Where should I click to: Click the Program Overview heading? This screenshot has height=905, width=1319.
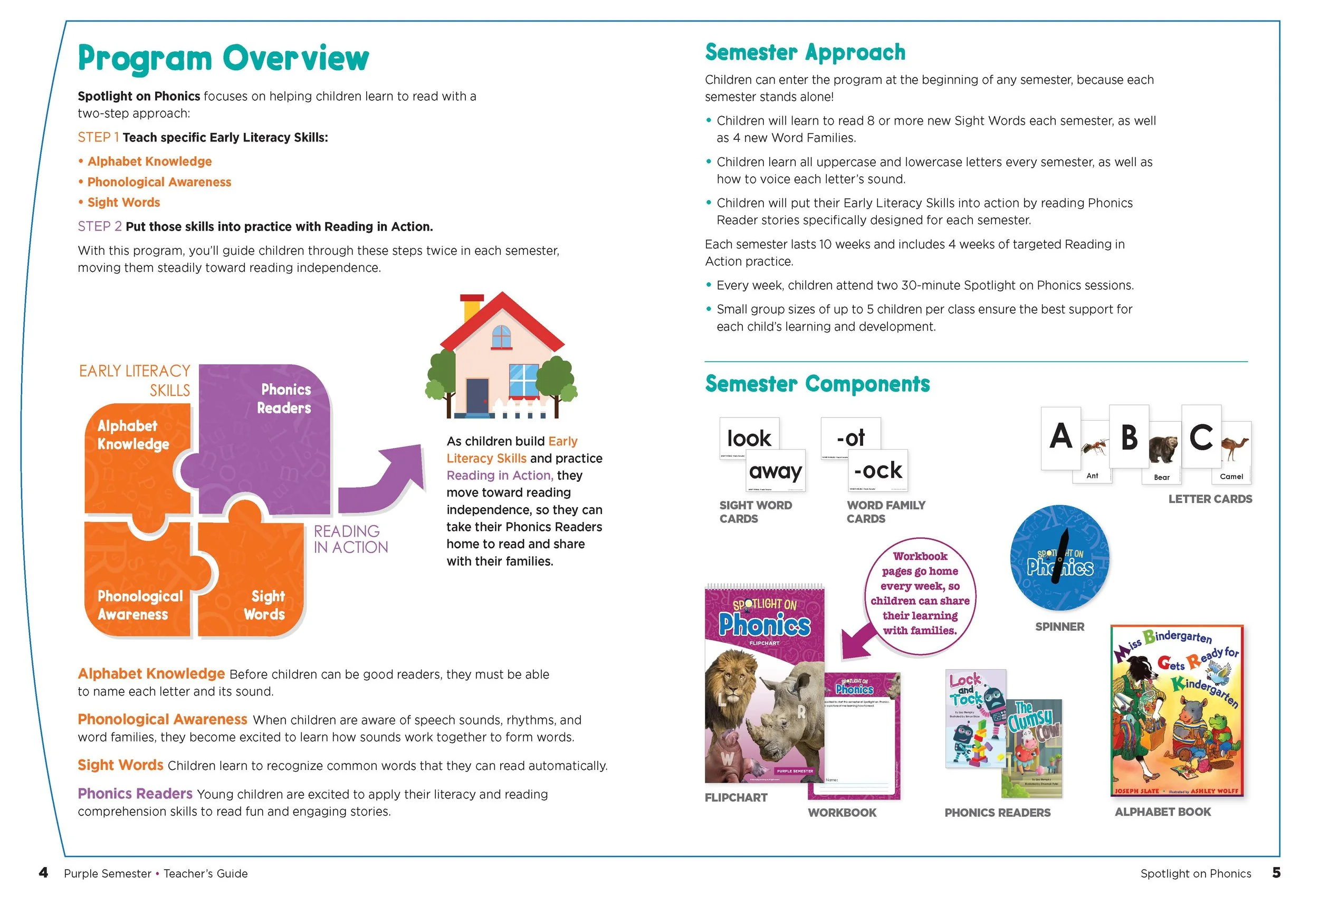223,58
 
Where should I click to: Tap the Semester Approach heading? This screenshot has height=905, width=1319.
804,53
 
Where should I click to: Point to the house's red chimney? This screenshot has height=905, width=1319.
472,307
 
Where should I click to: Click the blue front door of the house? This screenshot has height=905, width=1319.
477,397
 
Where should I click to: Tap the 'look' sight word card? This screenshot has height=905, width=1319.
749,436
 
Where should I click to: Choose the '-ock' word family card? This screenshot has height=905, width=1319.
878,470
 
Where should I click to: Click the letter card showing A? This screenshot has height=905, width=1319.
1060,437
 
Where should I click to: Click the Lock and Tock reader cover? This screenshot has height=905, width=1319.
974,718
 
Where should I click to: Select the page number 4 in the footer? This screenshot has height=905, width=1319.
43,873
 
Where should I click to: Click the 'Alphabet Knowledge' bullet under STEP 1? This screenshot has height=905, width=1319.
149,162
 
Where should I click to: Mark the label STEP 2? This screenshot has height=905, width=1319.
99,226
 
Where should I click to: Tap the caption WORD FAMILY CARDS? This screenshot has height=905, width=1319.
885,511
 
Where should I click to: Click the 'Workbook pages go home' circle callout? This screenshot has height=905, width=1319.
920,594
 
